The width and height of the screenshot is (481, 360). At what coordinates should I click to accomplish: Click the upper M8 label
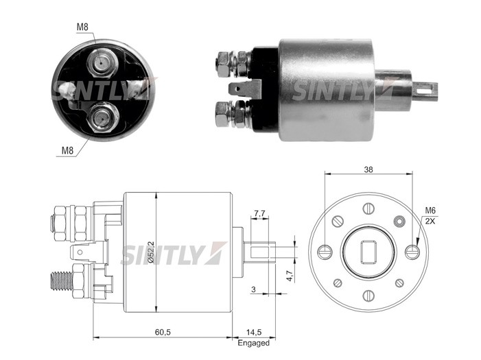(83, 27)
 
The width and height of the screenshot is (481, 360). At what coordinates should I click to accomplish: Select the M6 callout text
(430, 211)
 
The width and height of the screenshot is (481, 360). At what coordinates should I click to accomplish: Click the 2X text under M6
(430, 221)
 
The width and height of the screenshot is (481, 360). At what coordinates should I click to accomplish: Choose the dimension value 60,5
(163, 331)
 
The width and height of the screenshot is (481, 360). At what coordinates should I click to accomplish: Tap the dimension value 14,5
(253, 331)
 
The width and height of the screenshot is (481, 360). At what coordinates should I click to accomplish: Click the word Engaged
(253, 343)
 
